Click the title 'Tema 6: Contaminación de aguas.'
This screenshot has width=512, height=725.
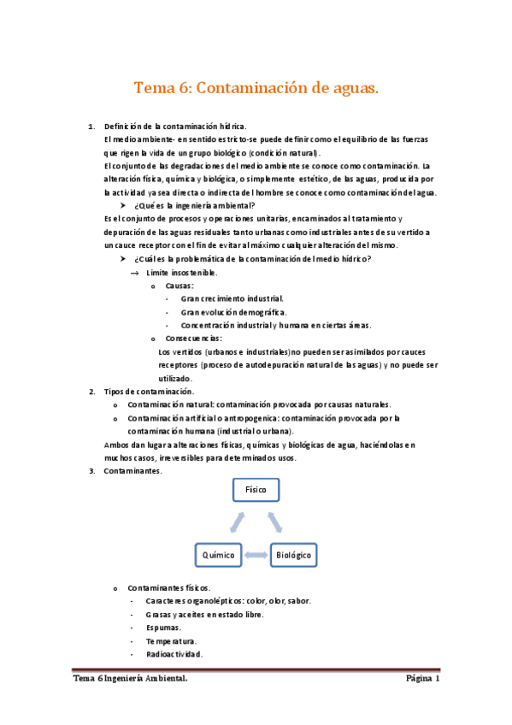[x=256, y=87]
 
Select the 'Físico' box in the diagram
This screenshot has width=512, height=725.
[x=256, y=489]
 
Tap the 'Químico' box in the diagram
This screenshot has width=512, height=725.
[x=218, y=555]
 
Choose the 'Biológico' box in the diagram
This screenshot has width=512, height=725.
[x=293, y=555]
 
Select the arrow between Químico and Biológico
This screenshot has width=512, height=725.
[x=256, y=555]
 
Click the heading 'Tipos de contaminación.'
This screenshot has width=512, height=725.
[x=149, y=392]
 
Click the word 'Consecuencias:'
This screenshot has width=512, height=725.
[x=194, y=338]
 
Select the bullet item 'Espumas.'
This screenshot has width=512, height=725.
[x=163, y=628]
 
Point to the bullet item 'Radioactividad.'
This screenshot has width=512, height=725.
[x=174, y=654]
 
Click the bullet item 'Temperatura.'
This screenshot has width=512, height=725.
[x=171, y=640]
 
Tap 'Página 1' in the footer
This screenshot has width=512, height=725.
[x=422, y=680]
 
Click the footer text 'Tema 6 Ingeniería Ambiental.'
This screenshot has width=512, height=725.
[x=130, y=680]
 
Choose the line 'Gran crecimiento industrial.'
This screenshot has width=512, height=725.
[x=232, y=299]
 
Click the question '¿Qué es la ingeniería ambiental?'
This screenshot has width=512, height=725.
[x=194, y=206]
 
